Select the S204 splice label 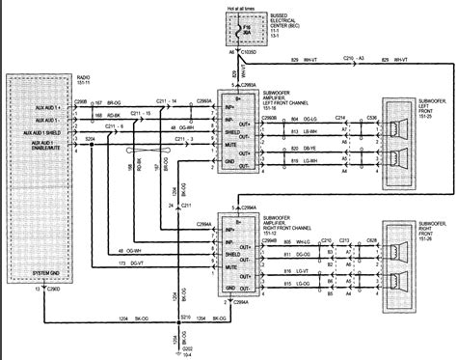[90, 139]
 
